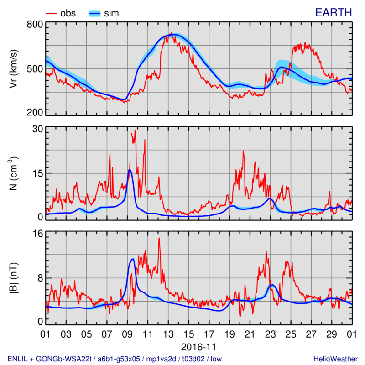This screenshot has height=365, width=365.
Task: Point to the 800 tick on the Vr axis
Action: (33, 25)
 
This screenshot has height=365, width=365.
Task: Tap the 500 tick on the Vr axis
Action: (33, 69)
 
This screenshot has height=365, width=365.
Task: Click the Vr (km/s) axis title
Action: (14, 68)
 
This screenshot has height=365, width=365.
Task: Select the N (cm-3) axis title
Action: (14, 173)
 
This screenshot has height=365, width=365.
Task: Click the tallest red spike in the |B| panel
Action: (159, 238)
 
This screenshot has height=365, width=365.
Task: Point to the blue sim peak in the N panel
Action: (130, 170)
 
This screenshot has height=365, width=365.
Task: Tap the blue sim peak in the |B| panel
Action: (132, 259)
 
